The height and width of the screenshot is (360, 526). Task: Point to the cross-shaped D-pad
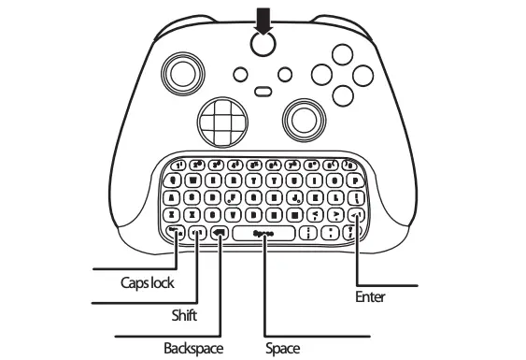[220, 121]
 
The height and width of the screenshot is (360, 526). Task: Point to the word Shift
[183, 315]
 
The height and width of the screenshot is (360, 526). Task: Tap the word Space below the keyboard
[283, 348]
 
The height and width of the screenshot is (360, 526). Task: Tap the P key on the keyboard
[356, 180]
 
